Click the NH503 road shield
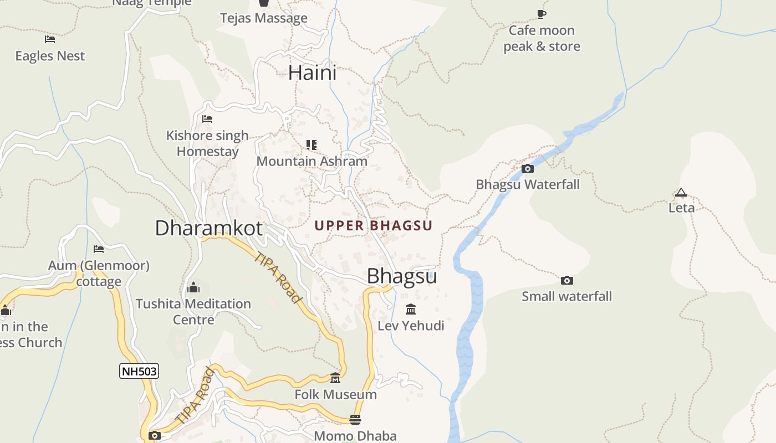point(139,371)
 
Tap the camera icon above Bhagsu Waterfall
point(528,168)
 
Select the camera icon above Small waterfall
point(566,280)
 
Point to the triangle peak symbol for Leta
point(681,193)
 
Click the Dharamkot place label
point(208,228)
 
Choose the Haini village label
point(313,73)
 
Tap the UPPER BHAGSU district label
point(374,225)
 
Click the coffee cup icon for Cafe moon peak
point(542,14)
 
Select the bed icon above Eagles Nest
point(50,39)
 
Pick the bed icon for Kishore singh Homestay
point(207,119)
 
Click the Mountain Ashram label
point(312,161)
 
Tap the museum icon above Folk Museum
point(335,378)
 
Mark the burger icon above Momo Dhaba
point(355,419)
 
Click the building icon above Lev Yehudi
point(411,309)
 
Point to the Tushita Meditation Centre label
point(193,312)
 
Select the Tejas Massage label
point(264,18)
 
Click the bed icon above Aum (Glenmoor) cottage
point(99,249)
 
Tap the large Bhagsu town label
point(402,276)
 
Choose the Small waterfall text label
point(567,296)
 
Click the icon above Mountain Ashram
point(312,145)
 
